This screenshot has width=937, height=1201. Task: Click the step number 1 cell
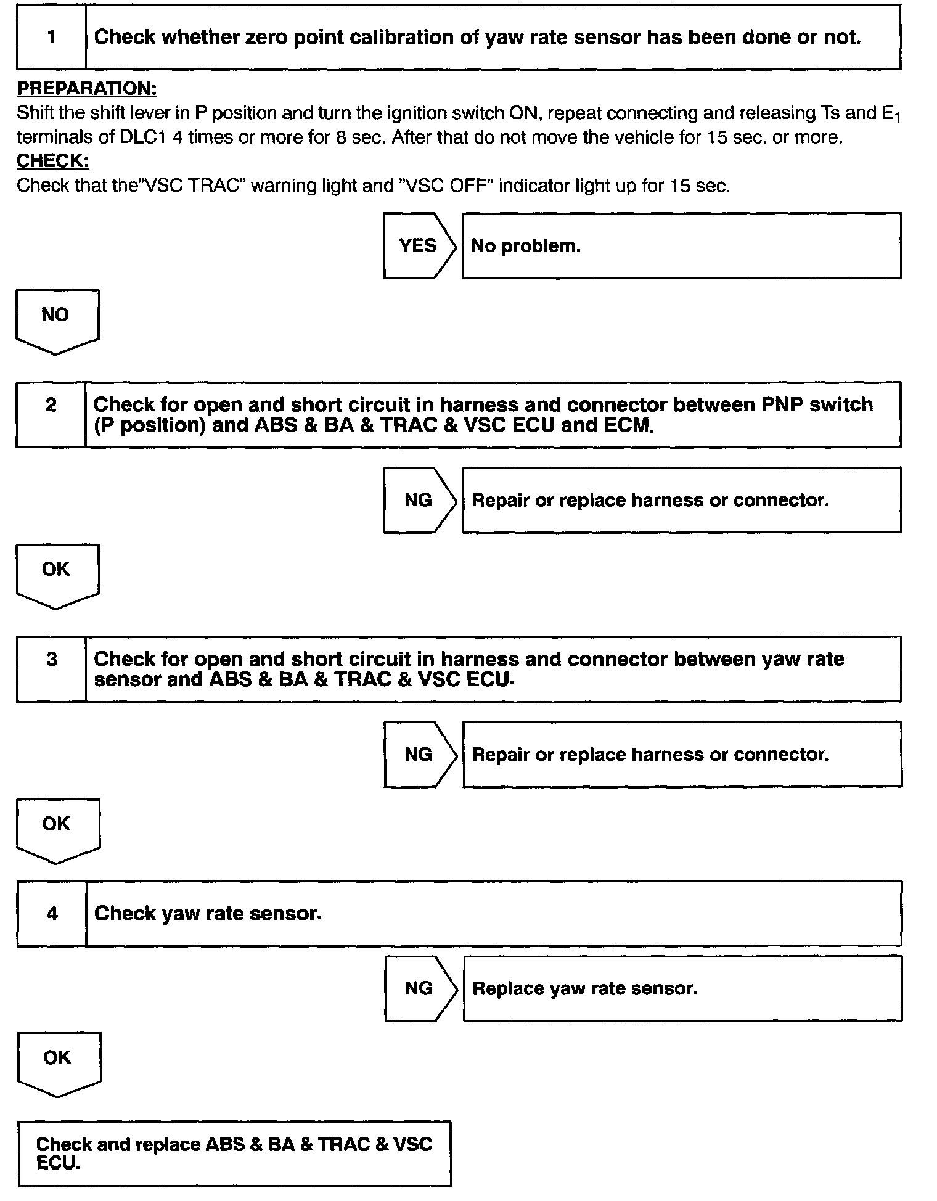click(x=51, y=37)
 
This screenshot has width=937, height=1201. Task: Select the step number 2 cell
click(x=51, y=414)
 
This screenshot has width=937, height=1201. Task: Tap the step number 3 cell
click(x=52, y=669)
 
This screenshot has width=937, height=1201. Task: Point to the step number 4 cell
click(x=52, y=913)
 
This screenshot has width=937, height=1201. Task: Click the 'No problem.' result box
click(x=681, y=246)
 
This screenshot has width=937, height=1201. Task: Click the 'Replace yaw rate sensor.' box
click(x=682, y=988)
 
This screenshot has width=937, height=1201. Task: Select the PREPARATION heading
click(x=87, y=89)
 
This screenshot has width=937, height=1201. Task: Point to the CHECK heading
click(x=53, y=161)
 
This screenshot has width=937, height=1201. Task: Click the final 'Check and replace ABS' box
click(x=234, y=1153)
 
